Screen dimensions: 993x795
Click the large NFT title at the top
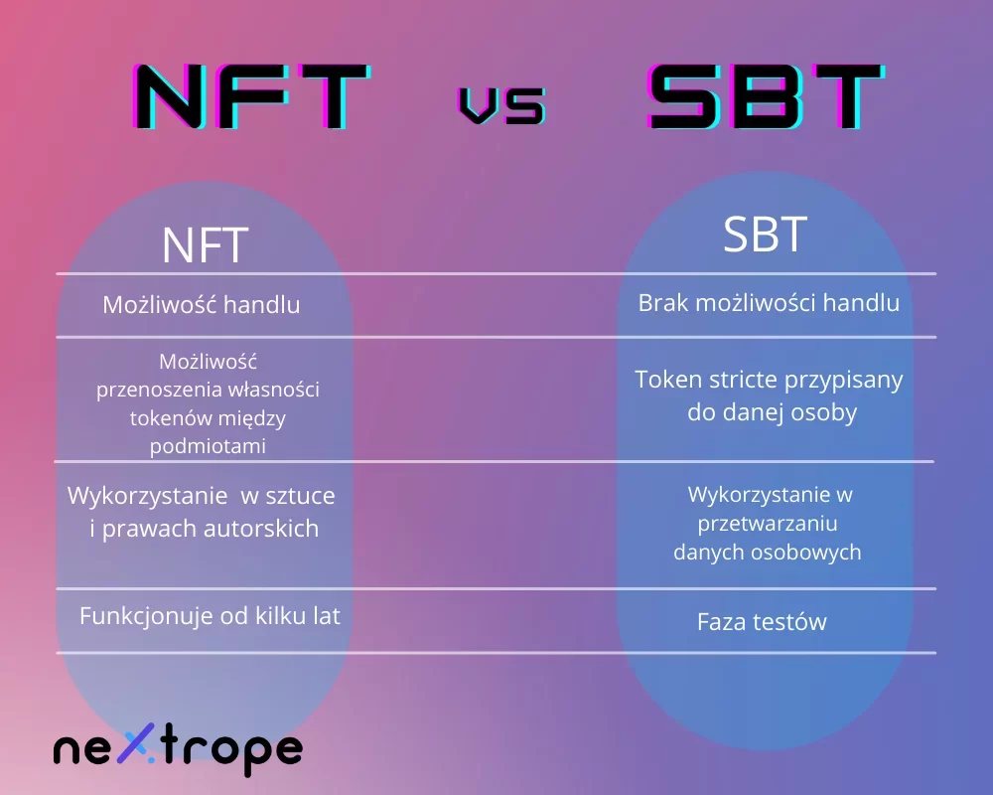251,96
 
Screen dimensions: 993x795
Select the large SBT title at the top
767,96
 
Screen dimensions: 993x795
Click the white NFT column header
205,245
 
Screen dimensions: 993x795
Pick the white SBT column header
765,234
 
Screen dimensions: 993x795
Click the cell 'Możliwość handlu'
202,305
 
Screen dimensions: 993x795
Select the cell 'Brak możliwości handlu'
769,303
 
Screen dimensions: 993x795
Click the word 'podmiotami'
208,445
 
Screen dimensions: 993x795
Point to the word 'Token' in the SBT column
668,379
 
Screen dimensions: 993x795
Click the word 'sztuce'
300,496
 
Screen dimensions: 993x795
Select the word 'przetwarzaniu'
768,524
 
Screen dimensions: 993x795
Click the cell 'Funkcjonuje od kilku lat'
210,615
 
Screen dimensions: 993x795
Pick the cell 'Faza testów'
762,621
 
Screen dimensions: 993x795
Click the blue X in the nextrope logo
138,742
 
